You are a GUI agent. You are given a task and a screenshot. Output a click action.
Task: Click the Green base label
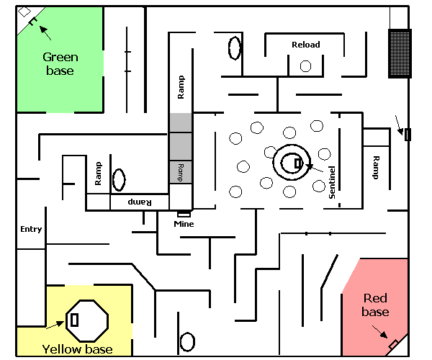[x=60, y=64]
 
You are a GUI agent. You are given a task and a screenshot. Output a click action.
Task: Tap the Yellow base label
[x=78, y=349]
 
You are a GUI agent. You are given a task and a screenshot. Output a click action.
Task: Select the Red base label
[x=375, y=305]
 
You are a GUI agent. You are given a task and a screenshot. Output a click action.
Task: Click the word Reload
[x=306, y=45]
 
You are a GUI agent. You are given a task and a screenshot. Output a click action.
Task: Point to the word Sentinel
[x=332, y=182]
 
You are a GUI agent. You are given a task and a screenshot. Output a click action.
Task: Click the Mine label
[x=184, y=224]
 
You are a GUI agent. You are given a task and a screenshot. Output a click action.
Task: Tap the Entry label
[x=31, y=229]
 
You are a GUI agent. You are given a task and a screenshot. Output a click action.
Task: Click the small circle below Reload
[x=305, y=66]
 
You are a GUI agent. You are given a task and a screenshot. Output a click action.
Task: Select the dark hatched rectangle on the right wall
[x=400, y=53]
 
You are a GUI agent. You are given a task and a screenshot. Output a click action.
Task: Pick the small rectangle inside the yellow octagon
[x=74, y=320]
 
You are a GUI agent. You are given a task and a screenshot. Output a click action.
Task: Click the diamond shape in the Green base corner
[x=24, y=12]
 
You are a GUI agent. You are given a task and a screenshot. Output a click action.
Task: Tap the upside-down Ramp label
[x=140, y=202]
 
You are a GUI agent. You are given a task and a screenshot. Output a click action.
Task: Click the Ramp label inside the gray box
[x=180, y=172]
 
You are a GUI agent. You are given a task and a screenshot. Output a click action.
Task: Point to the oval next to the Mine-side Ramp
[x=119, y=180]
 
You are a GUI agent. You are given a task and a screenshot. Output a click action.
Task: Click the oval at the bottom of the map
[x=187, y=342]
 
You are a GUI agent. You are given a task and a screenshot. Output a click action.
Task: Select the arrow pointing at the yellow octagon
[x=55, y=325]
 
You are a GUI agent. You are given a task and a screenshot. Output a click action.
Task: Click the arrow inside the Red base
[x=380, y=332]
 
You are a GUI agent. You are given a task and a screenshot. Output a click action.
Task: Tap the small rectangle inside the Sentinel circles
[x=298, y=163]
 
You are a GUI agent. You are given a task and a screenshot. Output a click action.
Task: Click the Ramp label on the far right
[x=376, y=168]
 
